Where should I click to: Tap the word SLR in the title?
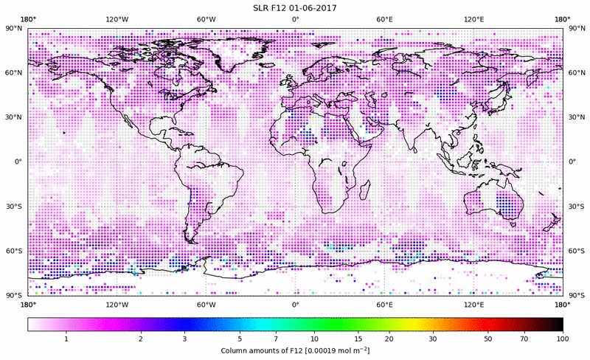[x=263, y=7]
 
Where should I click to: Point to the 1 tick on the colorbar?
[x=66, y=338]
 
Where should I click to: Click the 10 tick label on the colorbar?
[x=315, y=338]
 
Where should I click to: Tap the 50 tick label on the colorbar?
[x=487, y=338]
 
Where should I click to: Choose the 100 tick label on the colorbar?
[x=563, y=338]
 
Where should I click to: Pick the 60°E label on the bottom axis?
[x=384, y=304]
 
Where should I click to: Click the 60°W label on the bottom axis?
[x=206, y=304]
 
